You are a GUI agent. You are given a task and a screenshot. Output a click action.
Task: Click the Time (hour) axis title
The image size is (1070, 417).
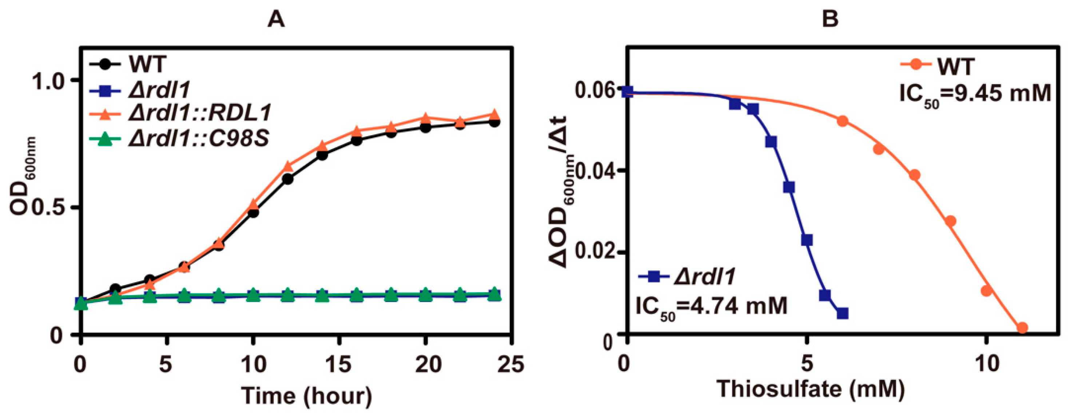tap(307, 396)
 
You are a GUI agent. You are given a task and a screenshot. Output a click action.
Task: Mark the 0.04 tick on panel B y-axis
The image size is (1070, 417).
tap(595, 171)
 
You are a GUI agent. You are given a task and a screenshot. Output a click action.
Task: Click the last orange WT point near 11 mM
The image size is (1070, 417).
tap(1022, 328)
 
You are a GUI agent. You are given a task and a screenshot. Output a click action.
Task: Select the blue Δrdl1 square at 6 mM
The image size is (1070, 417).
tap(842, 314)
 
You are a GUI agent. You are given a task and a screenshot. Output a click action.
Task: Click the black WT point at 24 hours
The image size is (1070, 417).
tap(494, 122)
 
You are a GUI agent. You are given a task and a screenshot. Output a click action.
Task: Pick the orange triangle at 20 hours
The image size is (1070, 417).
tap(425, 118)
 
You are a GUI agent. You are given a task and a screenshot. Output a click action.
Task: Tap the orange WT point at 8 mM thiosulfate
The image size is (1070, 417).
tap(914, 175)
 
